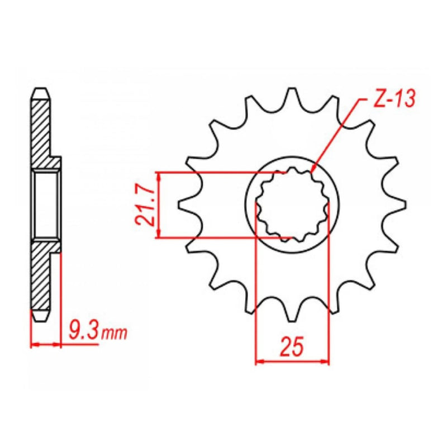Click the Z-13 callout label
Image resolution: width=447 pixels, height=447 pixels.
point(394,99)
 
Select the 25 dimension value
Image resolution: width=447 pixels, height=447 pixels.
point(292,347)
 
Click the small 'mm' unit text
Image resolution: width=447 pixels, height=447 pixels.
point(114,334)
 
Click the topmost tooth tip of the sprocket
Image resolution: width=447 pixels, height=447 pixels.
point(292,88)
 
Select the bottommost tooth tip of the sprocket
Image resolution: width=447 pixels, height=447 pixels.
point(292,320)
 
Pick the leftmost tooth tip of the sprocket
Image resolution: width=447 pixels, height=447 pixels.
point(179,205)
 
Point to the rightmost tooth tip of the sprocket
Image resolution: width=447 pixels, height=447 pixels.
point(405,205)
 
